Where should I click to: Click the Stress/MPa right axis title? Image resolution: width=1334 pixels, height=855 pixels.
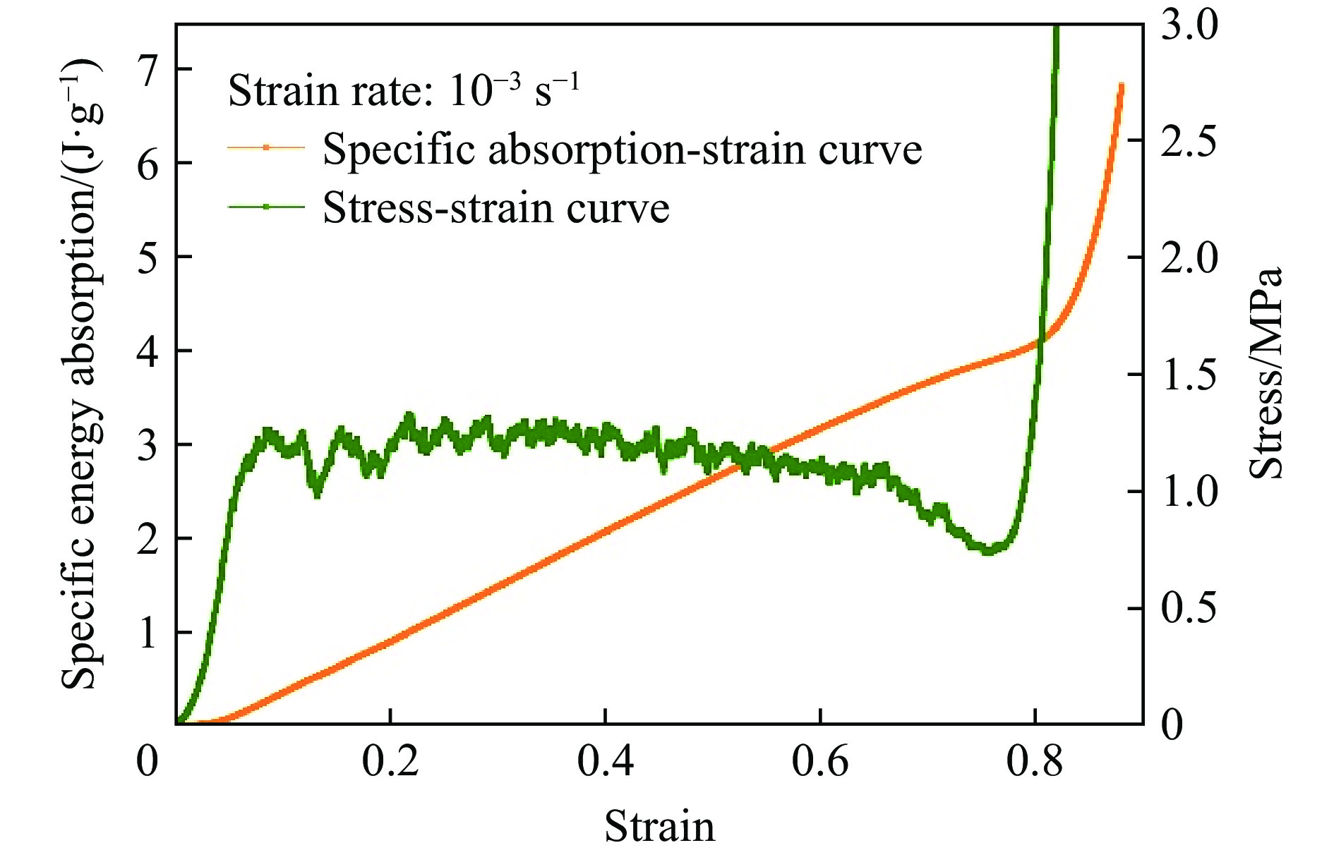[x=1266, y=374]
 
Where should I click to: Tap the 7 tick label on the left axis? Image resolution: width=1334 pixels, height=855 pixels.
[x=147, y=70]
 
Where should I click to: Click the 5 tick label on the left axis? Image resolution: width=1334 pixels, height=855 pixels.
[x=147, y=257]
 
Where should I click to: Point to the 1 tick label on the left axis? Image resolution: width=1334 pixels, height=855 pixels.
[x=147, y=633]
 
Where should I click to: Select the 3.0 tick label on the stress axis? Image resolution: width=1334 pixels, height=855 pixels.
[x=1189, y=25]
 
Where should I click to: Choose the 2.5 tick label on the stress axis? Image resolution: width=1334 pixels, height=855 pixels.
[x=1189, y=141]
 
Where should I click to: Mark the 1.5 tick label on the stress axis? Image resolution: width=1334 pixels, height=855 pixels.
[x=1189, y=375]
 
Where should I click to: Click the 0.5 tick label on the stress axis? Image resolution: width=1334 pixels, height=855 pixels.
[x=1189, y=608]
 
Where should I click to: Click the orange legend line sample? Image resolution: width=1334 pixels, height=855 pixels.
[x=266, y=148]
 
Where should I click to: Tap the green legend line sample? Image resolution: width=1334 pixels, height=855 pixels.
[x=266, y=207]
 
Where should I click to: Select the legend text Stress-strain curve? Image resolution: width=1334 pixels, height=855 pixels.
[x=495, y=207]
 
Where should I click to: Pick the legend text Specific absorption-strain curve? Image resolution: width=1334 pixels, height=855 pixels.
[x=622, y=149]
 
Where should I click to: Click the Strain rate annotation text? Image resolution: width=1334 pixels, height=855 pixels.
[x=404, y=91]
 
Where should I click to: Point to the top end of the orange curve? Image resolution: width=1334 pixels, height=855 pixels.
[x=1120, y=85]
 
